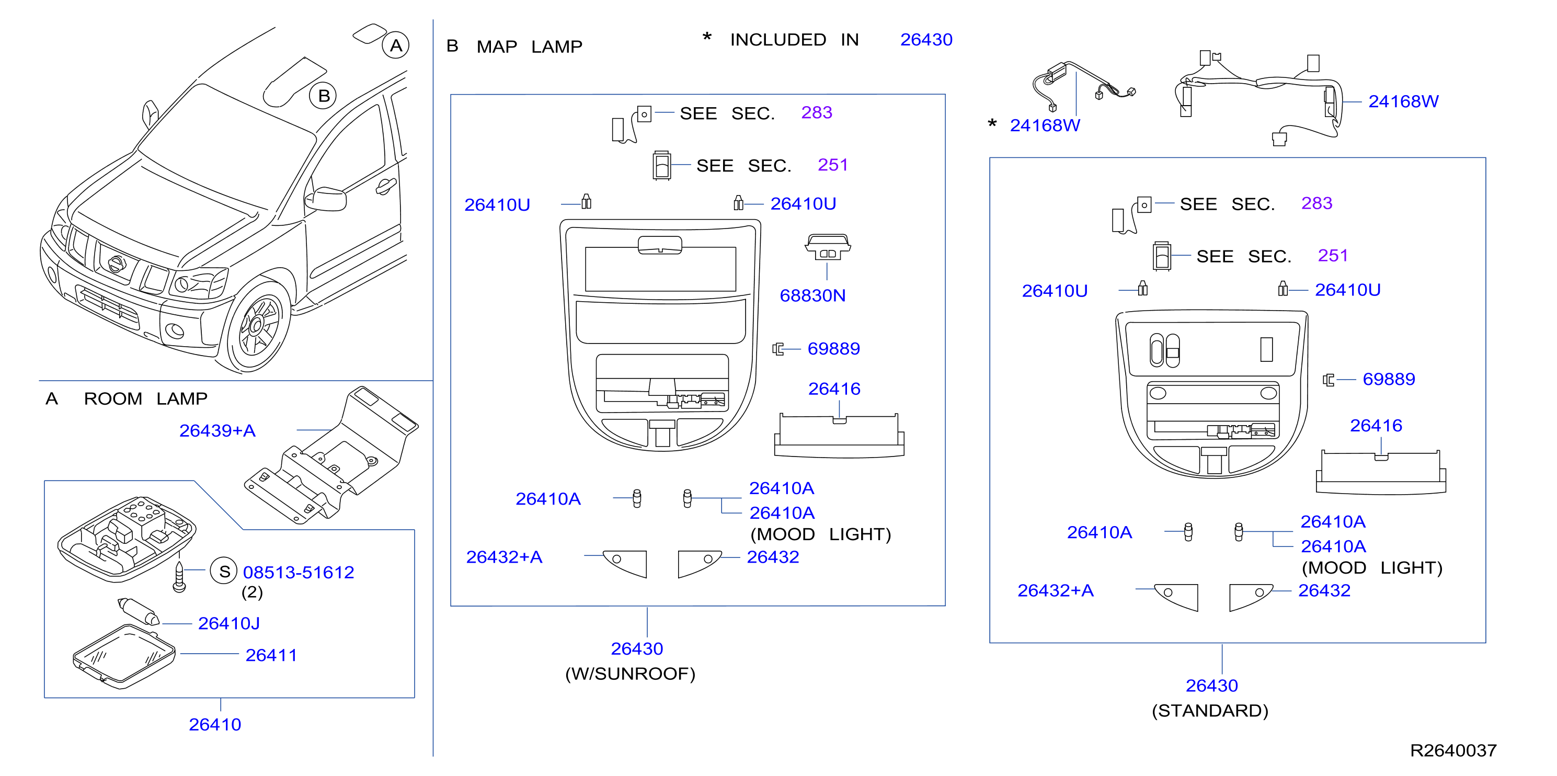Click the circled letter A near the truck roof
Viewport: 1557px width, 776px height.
(x=396, y=45)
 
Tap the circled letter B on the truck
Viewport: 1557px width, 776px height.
(x=323, y=96)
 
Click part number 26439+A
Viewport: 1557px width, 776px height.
(x=217, y=430)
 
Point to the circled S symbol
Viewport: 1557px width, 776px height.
(x=224, y=571)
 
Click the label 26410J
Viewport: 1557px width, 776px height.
(x=228, y=623)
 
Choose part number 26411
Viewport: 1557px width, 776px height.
(x=271, y=655)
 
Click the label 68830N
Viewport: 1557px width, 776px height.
(x=812, y=295)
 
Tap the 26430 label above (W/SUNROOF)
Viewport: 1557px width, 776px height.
(x=637, y=648)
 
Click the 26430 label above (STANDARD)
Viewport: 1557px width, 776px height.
(x=1212, y=686)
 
